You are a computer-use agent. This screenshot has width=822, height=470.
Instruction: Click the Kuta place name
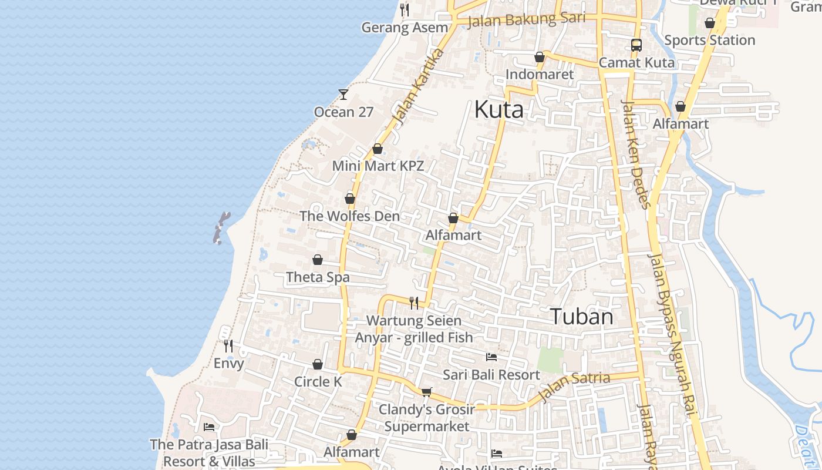click(498, 109)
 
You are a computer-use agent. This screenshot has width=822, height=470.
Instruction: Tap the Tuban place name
click(581, 317)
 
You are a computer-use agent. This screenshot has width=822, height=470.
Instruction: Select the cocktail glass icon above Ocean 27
click(343, 94)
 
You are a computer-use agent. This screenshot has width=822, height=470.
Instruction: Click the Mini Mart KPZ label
click(378, 166)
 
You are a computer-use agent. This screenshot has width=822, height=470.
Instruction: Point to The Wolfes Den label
click(349, 216)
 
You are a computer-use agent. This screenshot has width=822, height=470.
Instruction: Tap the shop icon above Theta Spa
click(318, 260)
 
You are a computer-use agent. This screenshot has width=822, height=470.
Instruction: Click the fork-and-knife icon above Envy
click(228, 346)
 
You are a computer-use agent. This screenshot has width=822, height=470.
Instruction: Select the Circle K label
click(318, 381)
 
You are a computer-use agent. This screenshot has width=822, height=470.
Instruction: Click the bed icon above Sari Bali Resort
click(491, 357)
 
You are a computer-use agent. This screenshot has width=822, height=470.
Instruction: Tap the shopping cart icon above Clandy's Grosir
click(427, 392)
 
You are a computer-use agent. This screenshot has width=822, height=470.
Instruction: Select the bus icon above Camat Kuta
click(636, 45)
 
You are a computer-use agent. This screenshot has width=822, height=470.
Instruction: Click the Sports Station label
click(709, 40)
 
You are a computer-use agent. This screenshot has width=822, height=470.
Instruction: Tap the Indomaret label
click(539, 75)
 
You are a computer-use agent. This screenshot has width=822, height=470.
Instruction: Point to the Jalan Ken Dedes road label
click(636, 154)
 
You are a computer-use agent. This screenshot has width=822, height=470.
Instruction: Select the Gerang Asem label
click(404, 28)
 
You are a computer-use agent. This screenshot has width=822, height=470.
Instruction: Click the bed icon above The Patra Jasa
click(209, 427)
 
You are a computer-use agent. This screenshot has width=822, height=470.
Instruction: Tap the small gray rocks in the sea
click(221, 227)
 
